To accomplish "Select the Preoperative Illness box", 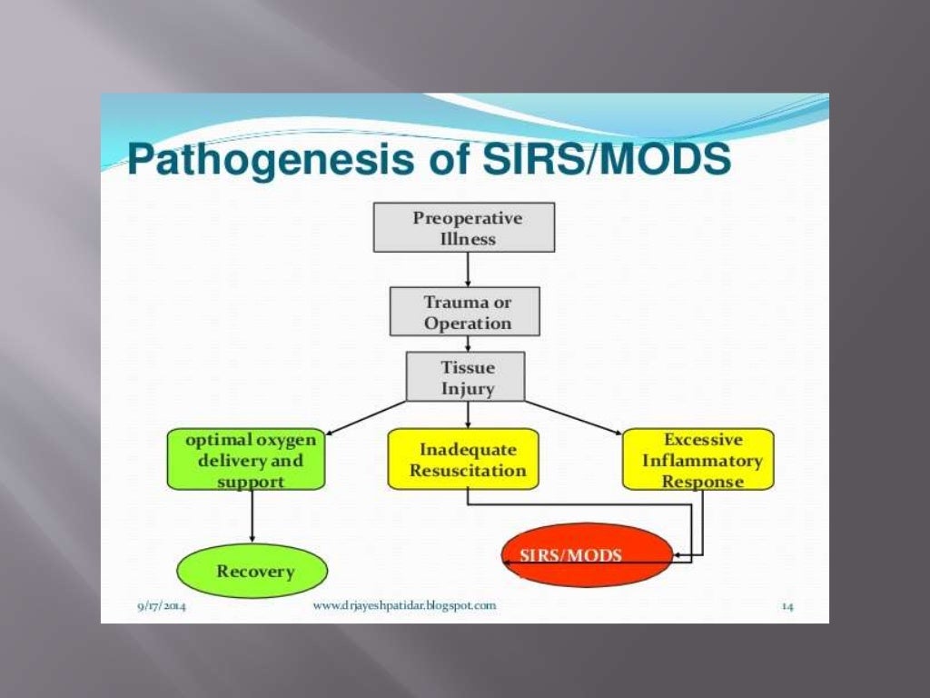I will (463, 227).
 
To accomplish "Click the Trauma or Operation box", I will (464, 312).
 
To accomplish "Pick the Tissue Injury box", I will (465, 377).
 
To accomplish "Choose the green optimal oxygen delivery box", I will (246, 459).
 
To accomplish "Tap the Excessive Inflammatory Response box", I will (697, 460).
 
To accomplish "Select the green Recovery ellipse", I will (252, 571).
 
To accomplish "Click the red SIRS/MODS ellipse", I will (587, 555).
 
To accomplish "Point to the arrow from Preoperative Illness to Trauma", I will (468, 269).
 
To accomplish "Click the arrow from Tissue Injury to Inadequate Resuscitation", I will (468, 414).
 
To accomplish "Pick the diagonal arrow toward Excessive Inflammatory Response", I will (574, 417).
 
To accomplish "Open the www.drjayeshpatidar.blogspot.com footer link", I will (404, 605).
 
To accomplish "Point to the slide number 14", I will (787, 606).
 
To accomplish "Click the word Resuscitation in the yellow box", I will (468, 471).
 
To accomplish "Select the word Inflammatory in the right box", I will (702, 461).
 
